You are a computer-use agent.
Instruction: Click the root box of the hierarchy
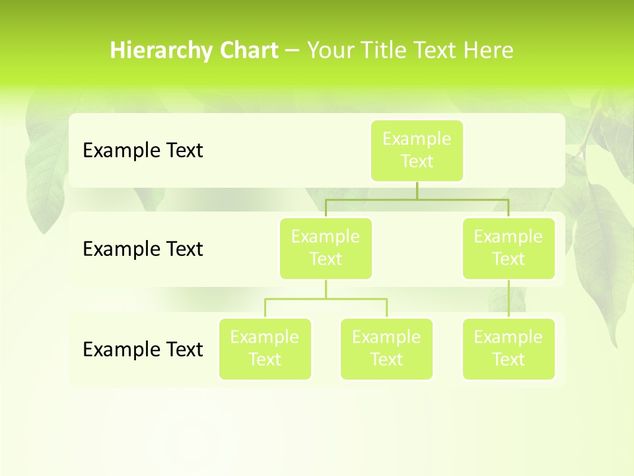pyautogui.click(x=417, y=151)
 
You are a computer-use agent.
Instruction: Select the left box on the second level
pyautogui.click(x=326, y=249)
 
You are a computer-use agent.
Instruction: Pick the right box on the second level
pyautogui.click(x=509, y=249)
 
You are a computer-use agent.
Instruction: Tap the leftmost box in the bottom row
pyautogui.click(x=265, y=349)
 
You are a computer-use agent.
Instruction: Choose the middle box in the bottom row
pyautogui.click(x=386, y=349)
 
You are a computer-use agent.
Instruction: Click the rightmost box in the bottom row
pyautogui.click(x=509, y=349)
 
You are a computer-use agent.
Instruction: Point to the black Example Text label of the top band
pyautogui.click(x=143, y=151)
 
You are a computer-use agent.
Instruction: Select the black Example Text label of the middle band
pyautogui.click(x=143, y=249)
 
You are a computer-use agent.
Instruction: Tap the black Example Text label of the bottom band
pyautogui.click(x=143, y=349)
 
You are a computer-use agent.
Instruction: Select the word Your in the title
pyautogui.click(x=330, y=50)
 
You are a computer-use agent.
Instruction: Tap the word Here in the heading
pyautogui.click(x=488, y=50)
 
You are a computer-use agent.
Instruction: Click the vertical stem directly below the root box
pyautogui.click(x=417, y=190)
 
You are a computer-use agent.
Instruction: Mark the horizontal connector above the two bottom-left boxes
pyautogui.click(x=326, y=299)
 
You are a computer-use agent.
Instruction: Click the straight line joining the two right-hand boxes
pyautogui.click(x=509, y=299)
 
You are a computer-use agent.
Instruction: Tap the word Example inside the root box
pyautogui.click(x=417, y=139)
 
